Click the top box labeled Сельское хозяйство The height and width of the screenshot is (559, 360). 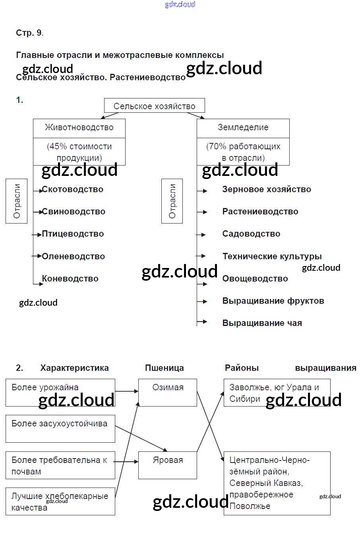click(154, 106)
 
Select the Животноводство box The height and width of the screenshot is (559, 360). click(79, 128)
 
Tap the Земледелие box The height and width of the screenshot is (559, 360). click(243, 128)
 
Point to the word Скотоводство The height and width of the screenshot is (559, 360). click(73, 189)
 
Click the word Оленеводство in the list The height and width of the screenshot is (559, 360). click(74, 256)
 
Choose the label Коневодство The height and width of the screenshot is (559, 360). click(70, 279)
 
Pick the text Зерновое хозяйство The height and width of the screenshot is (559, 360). click(267, 189)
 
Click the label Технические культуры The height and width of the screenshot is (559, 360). click(272, 256)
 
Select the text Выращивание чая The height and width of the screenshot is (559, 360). click(262, 323)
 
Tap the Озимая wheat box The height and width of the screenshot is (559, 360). click(168, 392)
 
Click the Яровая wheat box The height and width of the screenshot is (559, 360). click(168, 465)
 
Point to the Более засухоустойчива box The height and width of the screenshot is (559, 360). click(60, 429)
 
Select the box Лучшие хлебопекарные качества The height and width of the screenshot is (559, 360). click(60, 501)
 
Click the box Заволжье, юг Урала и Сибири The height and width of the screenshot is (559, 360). click(277, 393)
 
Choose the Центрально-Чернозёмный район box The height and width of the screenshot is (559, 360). click(277, 483)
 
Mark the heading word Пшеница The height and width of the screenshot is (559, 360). click(165, 368)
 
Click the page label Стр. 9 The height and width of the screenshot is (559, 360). click(29, 33)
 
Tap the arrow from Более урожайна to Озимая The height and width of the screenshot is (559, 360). click(126, 391)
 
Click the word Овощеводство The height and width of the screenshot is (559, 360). click(255, 279)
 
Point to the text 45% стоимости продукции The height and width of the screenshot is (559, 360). click(79, 152)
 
